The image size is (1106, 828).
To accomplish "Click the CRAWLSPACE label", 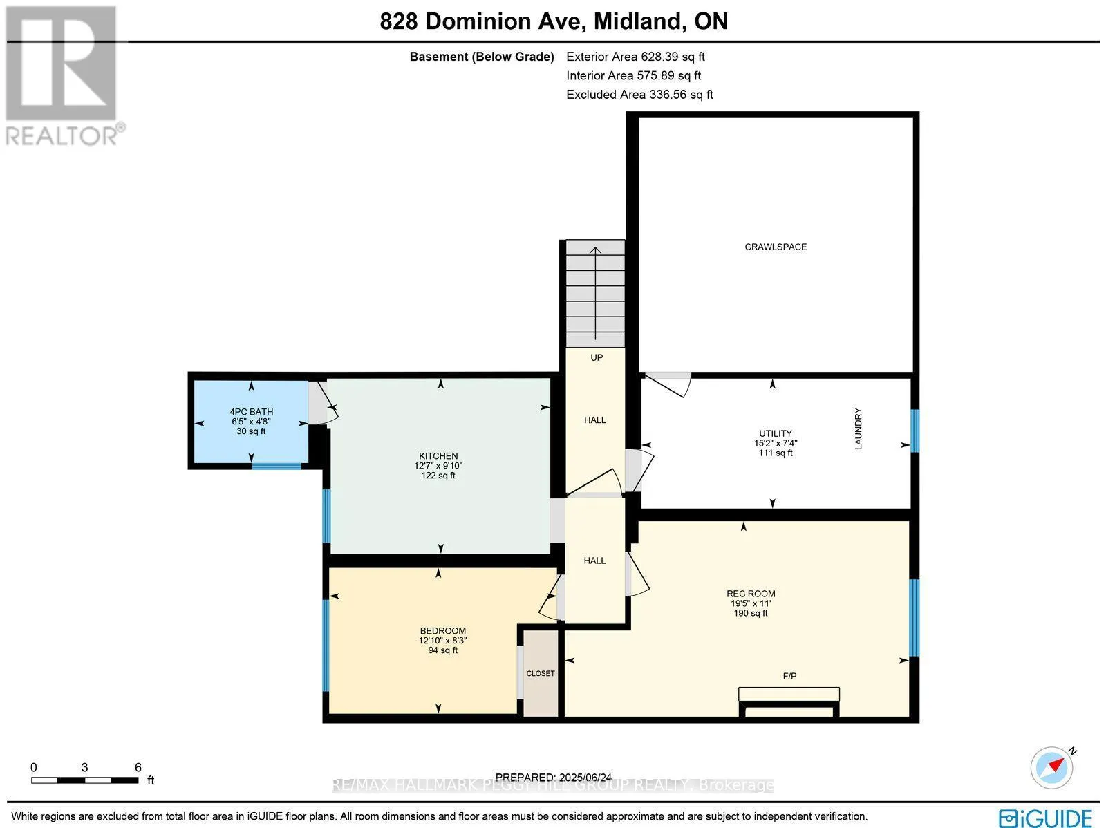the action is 776,247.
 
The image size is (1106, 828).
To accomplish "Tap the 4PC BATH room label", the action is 252,411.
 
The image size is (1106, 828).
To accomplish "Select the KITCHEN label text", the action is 438,455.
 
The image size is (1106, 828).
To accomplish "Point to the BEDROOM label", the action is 443,630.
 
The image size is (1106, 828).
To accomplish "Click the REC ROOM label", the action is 751,594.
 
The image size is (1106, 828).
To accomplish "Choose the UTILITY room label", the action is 776,433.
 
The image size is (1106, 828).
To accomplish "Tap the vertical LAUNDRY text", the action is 858,429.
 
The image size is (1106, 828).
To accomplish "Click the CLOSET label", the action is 541,673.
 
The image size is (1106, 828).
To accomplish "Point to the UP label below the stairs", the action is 597,357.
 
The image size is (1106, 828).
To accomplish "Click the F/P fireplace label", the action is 789,676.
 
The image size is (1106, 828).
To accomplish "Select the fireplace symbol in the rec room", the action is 789,702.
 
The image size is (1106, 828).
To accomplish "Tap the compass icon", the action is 1052,768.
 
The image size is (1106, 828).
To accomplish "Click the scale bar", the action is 84,780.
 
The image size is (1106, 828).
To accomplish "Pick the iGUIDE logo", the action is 1045,817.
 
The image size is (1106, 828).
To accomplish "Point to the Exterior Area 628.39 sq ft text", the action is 635,57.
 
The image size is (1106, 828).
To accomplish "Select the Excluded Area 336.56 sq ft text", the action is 639,95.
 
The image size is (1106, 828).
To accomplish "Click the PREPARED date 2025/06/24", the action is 553,778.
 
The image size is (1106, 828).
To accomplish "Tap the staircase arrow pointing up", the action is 596,293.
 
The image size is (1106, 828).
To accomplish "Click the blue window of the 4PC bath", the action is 276,467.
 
